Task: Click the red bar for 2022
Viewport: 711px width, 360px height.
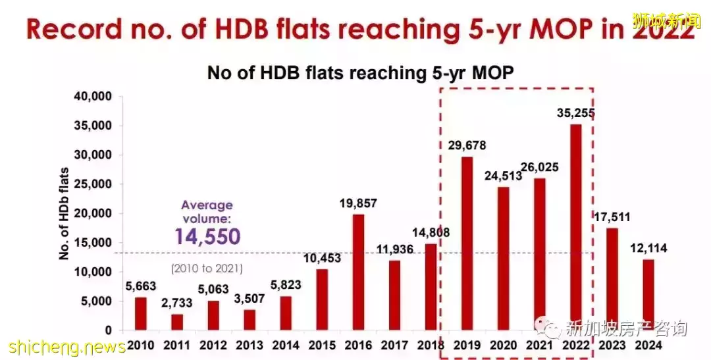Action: pyautogui.click(x=575, y=227)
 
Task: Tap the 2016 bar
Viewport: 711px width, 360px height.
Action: pyautogui.click(x=359, y=272)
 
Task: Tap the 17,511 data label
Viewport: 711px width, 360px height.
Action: pyautogui.click(x=612, y=217)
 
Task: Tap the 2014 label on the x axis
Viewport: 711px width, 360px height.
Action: pyautogui.click(x=284, y=345)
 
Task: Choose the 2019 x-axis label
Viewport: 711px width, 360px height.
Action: pyautogui.click(x=467, y=345)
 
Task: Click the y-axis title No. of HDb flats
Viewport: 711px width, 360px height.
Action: pyautogui.click(x=64, y=213)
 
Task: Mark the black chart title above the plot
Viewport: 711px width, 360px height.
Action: pyautogui.click(x=359, y=72)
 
